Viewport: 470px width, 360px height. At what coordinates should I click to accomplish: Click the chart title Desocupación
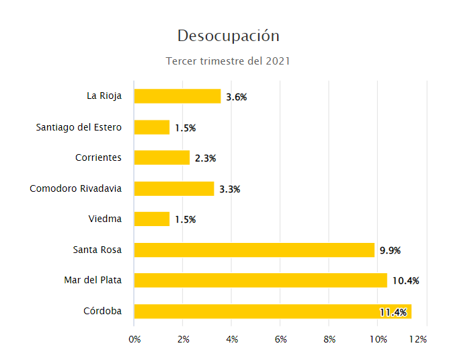(228, 36)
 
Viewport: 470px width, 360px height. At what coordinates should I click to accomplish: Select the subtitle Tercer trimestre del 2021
(228, 61)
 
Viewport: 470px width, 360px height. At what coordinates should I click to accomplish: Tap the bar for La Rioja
(178, 96)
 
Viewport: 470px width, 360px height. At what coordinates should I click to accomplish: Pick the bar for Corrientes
(162, 157)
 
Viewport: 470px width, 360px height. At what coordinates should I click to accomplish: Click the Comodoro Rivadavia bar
(174, 188)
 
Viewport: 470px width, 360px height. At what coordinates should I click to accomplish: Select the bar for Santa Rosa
(254, 250)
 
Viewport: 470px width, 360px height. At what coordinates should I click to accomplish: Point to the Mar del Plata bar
(261, 281)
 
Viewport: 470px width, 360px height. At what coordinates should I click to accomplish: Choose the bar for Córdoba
(272, 312)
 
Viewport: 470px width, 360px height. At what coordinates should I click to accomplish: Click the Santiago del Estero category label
(79, 127)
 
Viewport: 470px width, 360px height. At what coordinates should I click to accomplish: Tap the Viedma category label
(105, 219)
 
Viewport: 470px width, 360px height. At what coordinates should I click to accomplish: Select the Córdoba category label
(103, 312)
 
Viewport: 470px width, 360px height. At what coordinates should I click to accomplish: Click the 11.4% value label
(393, 312)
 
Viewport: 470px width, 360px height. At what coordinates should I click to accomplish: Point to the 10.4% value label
(405, 281)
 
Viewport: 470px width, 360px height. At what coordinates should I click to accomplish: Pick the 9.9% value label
(390, 250)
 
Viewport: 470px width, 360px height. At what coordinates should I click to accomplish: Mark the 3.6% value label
(237, 97)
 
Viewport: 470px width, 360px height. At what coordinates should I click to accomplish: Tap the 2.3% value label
(205, 158)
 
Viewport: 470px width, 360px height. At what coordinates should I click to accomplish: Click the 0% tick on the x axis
(134, 339)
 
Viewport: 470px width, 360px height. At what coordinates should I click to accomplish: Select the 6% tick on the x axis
(281, 339)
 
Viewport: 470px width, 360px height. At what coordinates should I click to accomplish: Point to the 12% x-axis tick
(418, 339)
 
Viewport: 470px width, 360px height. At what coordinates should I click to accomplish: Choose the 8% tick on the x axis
(329, 339)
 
